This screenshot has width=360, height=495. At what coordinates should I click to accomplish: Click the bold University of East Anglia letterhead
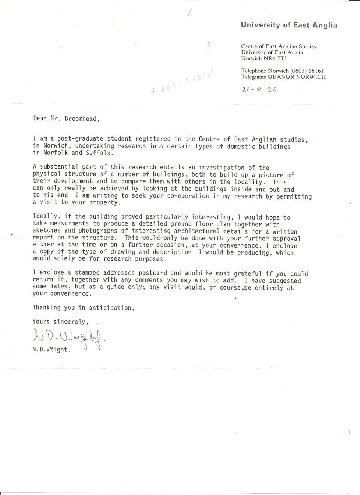tap(289, 25)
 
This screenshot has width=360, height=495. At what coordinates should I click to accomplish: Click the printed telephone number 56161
tap(316, 70)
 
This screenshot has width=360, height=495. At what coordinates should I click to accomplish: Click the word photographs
tap(98, 231)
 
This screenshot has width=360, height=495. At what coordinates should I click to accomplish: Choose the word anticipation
tap(110, 308)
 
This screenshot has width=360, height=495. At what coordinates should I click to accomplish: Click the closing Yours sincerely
tap(60, 321)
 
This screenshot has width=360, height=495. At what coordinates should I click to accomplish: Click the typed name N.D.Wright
tap(51, 349)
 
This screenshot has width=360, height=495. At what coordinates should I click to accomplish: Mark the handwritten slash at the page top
tap(190, 12)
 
